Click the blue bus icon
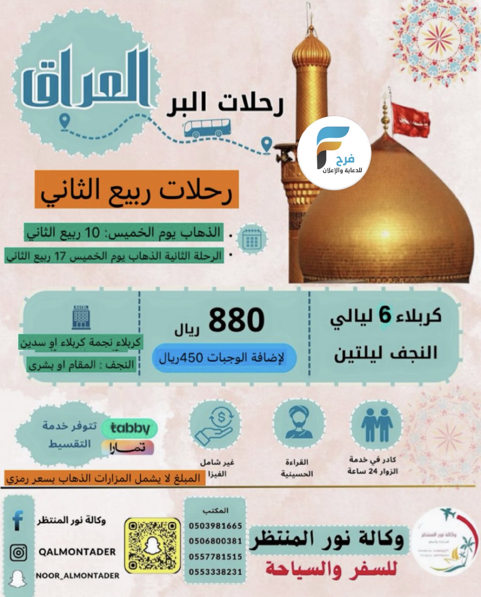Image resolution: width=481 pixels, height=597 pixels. (207, 128)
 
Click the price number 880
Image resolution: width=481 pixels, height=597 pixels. (236, 320)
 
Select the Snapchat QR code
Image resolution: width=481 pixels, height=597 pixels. (153, 546)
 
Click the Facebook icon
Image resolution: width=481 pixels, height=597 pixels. (18, 520)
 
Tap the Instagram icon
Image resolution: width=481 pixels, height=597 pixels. (18, 552)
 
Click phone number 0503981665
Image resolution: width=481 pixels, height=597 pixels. (216, 526)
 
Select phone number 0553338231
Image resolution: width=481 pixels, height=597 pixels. (216, 572)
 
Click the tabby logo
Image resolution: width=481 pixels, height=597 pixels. (129, 428)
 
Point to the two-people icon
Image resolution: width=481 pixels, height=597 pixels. (377, 427)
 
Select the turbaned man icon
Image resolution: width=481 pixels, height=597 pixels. (299, 424)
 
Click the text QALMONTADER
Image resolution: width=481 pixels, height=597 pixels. (77, 552)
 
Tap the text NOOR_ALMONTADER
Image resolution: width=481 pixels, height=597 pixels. (78, 576)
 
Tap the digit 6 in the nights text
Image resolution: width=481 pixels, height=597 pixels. (385, 316)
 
